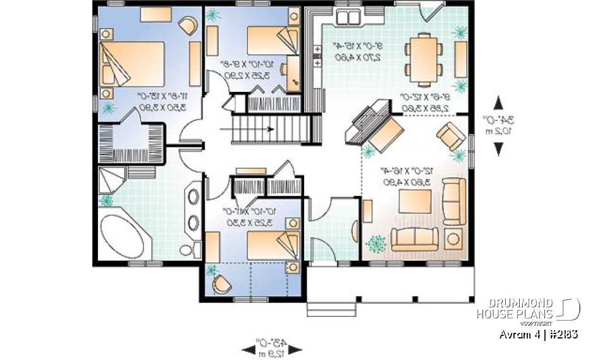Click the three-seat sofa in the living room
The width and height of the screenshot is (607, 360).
click(415, 239)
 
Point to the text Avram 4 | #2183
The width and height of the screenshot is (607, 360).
click(537, 333)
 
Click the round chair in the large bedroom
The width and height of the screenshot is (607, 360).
click(188, 26)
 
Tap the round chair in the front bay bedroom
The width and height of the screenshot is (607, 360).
click(221, 283)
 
